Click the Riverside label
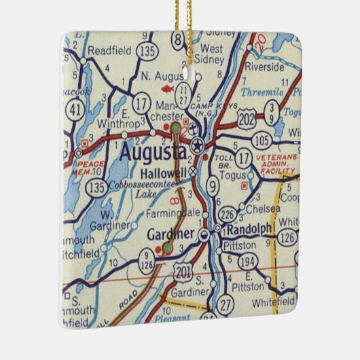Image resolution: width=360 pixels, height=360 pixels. click(x=266, y=67)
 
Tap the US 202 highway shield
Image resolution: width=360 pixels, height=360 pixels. click(x=247, y=118)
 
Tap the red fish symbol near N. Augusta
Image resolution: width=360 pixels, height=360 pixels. click(x=164, y=88)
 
